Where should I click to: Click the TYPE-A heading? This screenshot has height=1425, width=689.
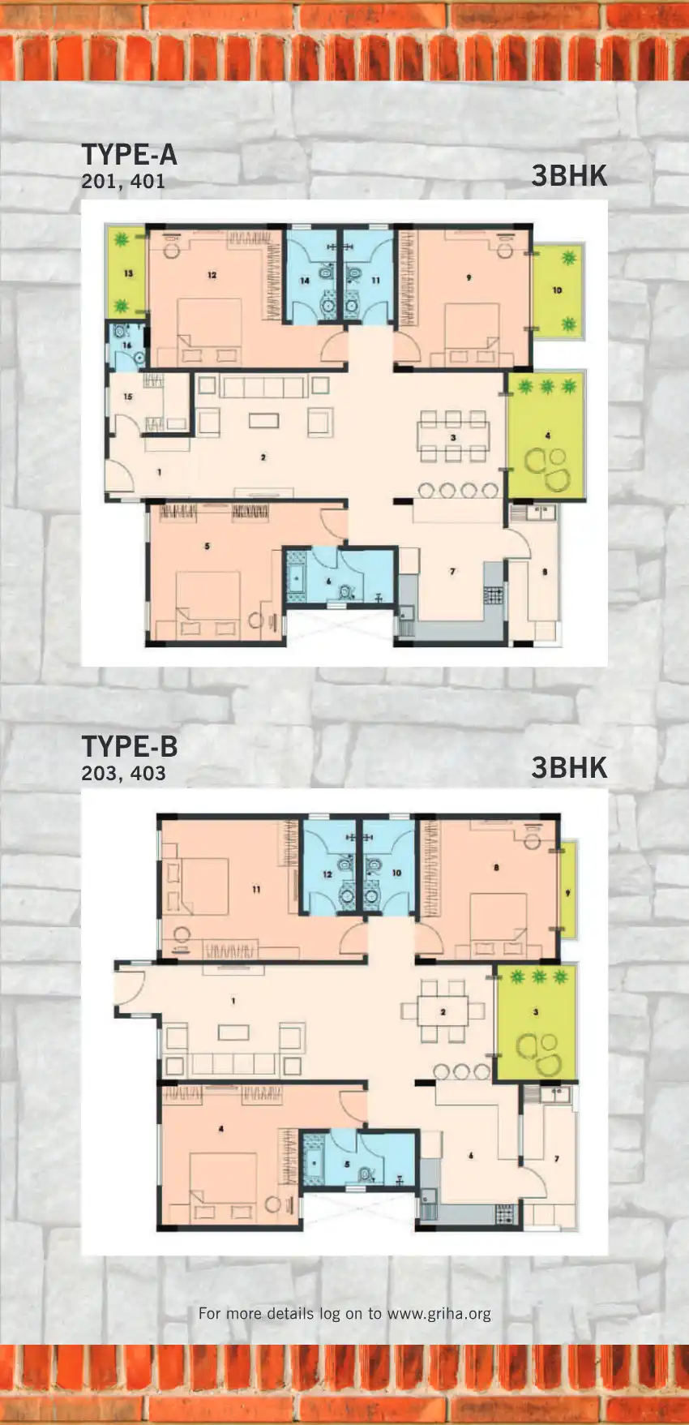[x=129, y=155]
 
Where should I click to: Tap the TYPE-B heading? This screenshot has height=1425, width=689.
[x=129, y=746]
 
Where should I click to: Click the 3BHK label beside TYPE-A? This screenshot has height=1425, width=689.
[x=569, y=176]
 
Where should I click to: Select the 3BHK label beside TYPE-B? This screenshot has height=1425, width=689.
[x=569, y=767]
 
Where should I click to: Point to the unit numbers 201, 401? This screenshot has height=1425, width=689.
[x=123, y=182]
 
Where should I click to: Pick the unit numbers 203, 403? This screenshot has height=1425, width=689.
[x=123, y=773]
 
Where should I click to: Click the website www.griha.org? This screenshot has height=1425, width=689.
[x=439, y=1313]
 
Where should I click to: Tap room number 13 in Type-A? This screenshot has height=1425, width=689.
[x=128, y=273]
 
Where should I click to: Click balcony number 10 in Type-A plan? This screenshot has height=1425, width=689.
[x=557, y=290]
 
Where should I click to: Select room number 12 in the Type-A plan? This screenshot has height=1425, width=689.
[x=212, y=275]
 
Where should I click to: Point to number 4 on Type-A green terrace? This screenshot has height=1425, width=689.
[x=548, y=436]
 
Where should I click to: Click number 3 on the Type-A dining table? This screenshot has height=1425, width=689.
[x=453, y=437]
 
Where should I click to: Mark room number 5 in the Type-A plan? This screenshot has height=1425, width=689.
[x=207, y=546]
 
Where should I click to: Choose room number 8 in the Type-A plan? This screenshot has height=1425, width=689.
[x=545, y=572]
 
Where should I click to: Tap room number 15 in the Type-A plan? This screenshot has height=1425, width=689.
[x=128, y=397]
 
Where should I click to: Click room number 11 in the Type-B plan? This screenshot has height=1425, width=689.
[x=256, y=889]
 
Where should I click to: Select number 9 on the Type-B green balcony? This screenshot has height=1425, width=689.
[x=567, y=893]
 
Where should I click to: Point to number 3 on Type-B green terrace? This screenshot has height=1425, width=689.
[x=536, y=1011]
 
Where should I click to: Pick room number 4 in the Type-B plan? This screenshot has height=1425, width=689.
[x=220, y=1128]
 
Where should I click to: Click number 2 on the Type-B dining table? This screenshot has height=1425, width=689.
[x=443, y=1011]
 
